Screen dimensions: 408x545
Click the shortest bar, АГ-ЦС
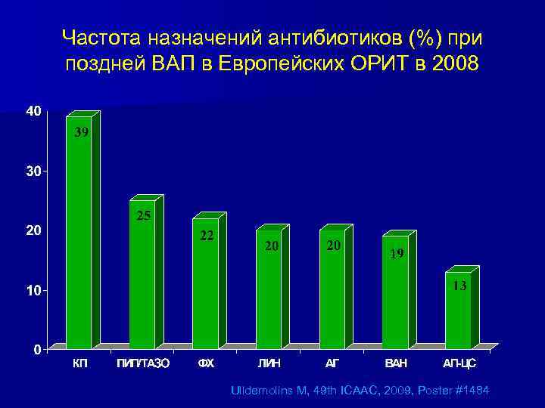pyautogui.click(x=458, y=311)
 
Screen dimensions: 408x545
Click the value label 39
pyautogui.click(x=82, y=133)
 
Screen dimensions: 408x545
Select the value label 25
pyautogui.click(x=144, y=216)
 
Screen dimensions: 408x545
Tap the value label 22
pyautogui.click(x=207, y=236)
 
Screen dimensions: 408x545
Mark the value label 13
pyautogui.click(x=459, y=286)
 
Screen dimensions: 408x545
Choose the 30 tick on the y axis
pyautogui.click(x=34, y=172)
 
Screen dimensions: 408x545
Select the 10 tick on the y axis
pyautogui.click(x=34, y=290)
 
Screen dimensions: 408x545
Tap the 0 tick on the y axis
pyautogui.click(x=37, y=350)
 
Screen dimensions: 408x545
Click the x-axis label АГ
pyautogui.click(x=332, y=363)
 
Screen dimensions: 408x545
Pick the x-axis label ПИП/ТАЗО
pyautogui.click(x=142, y=363)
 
